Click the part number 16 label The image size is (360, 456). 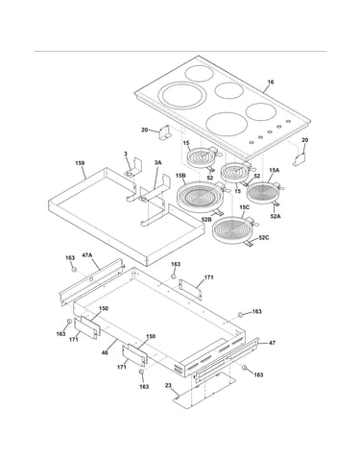271,83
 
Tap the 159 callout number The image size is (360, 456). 80,163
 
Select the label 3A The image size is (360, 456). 157,162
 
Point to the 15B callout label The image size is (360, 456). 180,176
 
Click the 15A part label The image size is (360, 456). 275,171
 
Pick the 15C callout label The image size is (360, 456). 244,207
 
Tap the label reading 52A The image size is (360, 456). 276,216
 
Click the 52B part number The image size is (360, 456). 206,219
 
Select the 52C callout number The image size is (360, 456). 264,237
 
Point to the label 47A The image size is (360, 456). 87,255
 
